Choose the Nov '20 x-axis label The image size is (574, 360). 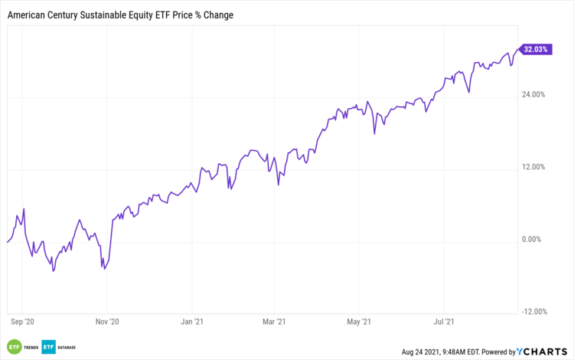pos(109,322)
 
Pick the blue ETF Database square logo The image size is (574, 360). pos(50,346)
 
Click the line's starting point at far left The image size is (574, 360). pos(7,242)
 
